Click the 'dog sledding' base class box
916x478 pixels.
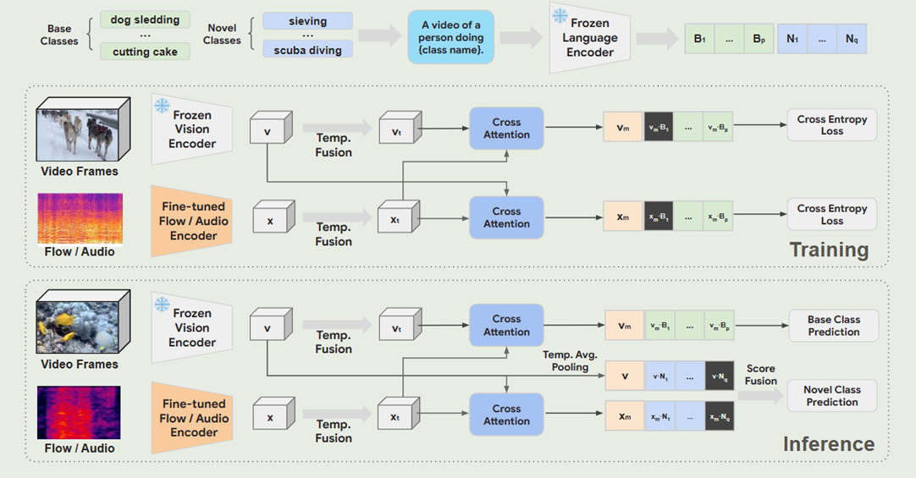point(145,19)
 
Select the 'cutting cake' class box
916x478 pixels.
point(145,52)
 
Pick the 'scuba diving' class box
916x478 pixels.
point(307,51)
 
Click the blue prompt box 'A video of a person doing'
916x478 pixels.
point(451,38)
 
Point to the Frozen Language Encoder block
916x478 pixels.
point(590,38)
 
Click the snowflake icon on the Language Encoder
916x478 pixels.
point(560,16)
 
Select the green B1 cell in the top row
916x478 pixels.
point(699,39)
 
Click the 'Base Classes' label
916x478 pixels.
point(59,35)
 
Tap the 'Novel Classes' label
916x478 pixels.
point(222,35)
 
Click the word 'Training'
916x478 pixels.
point(829,250)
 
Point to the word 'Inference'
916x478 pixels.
point(828,444)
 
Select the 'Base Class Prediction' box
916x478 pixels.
point(833,326)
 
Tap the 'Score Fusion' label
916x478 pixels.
point(760,375)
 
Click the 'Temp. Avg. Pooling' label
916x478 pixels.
point(566,361)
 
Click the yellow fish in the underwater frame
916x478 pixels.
point(63,321)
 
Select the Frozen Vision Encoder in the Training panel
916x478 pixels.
point(191,129)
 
